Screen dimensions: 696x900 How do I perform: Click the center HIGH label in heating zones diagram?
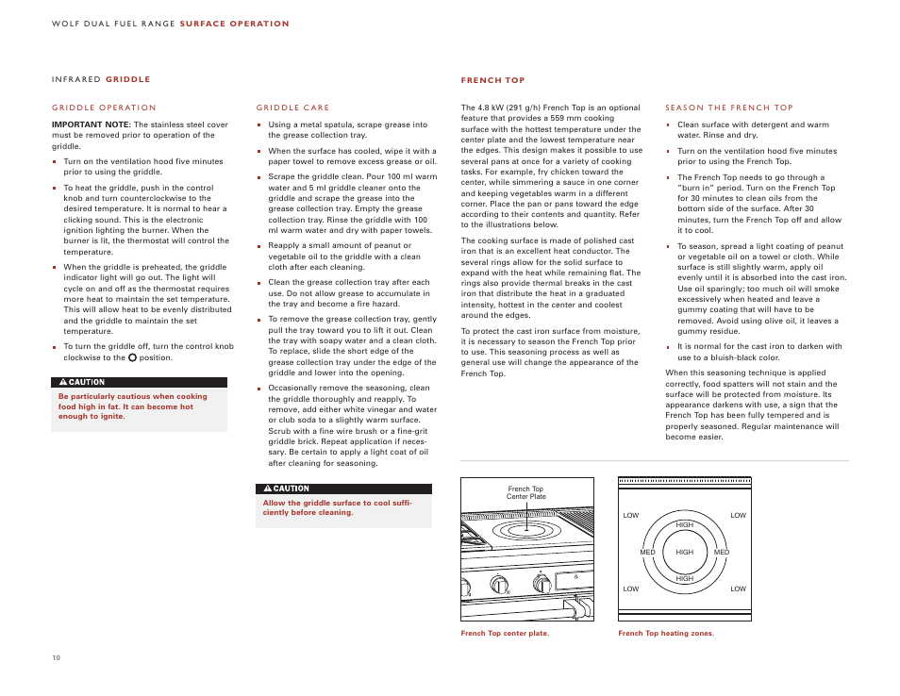click(x=684, y=552)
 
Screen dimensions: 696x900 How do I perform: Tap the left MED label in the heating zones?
click(x=647, y=552)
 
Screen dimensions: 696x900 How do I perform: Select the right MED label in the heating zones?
click(x=722, y=552)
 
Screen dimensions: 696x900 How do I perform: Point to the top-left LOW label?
click(x=630, y=515)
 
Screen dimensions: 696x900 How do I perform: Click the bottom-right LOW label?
click(x=738, y=588)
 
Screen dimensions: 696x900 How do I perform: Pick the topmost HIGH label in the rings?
click(x=685, y=524)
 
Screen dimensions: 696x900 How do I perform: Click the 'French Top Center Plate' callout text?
click(x=525, y=492)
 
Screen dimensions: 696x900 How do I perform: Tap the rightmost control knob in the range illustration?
click(x=542, y=584)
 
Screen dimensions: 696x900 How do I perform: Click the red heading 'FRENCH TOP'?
click(x=492, y=80)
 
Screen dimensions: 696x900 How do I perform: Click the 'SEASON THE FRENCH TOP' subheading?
click(x=728, y=108)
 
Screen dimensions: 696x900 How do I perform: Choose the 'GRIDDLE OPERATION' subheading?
click(x=104, y=108)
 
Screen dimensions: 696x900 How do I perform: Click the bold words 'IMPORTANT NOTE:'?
click(x=91, y=124)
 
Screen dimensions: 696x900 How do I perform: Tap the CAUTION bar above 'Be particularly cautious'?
click(x=139, y=383)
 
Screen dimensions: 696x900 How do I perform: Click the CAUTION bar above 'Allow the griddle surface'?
click(x=343, y=489)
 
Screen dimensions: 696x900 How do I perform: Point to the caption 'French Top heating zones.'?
click(x=666, y=634)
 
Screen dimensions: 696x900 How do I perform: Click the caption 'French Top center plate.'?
click(x=504, y=634)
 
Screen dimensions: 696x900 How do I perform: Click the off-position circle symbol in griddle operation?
click(x=132, y=357)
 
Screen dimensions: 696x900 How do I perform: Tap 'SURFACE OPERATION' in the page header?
click(x=234, y=24)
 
